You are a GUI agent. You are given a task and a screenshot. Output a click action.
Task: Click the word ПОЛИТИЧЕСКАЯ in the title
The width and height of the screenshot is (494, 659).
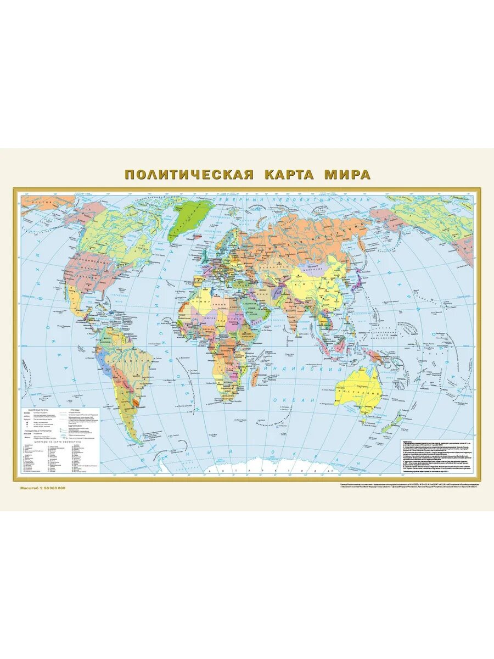189,175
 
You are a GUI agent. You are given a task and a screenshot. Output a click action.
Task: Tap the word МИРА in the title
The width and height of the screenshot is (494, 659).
346,175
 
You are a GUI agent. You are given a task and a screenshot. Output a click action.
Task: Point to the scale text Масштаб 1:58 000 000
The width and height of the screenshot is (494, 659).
43,488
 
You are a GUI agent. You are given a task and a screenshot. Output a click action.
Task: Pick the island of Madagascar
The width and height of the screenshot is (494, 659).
256,378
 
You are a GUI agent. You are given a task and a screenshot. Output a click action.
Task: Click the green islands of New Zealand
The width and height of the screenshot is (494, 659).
406,423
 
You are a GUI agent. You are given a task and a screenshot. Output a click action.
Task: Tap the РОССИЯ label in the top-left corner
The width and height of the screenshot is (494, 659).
36,203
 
